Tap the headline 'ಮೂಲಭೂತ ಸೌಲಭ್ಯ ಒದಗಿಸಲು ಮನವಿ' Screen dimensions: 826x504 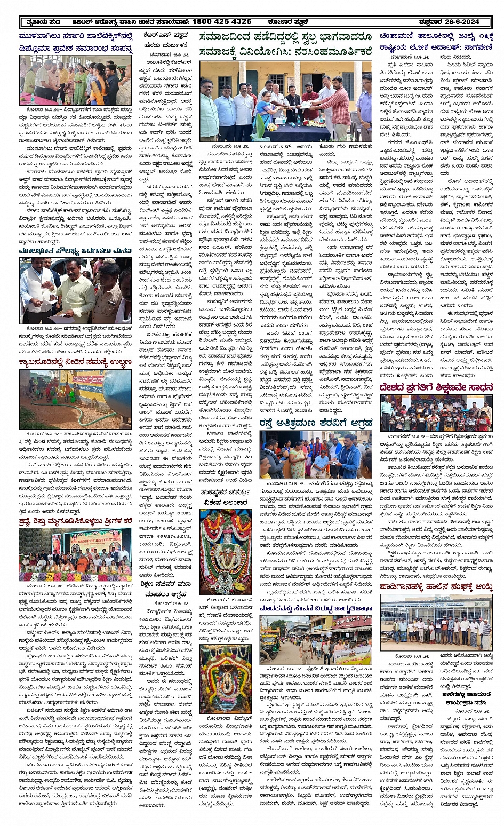(x=75, y=250)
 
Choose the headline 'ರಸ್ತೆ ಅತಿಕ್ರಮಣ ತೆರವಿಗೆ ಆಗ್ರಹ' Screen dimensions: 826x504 (x=316, y=424)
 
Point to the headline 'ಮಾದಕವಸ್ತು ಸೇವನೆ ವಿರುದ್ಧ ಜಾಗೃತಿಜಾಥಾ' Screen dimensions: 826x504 (x=316, y=608)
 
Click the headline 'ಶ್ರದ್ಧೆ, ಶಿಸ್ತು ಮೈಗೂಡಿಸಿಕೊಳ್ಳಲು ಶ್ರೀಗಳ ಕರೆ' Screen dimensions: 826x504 (x=75, y=519)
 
